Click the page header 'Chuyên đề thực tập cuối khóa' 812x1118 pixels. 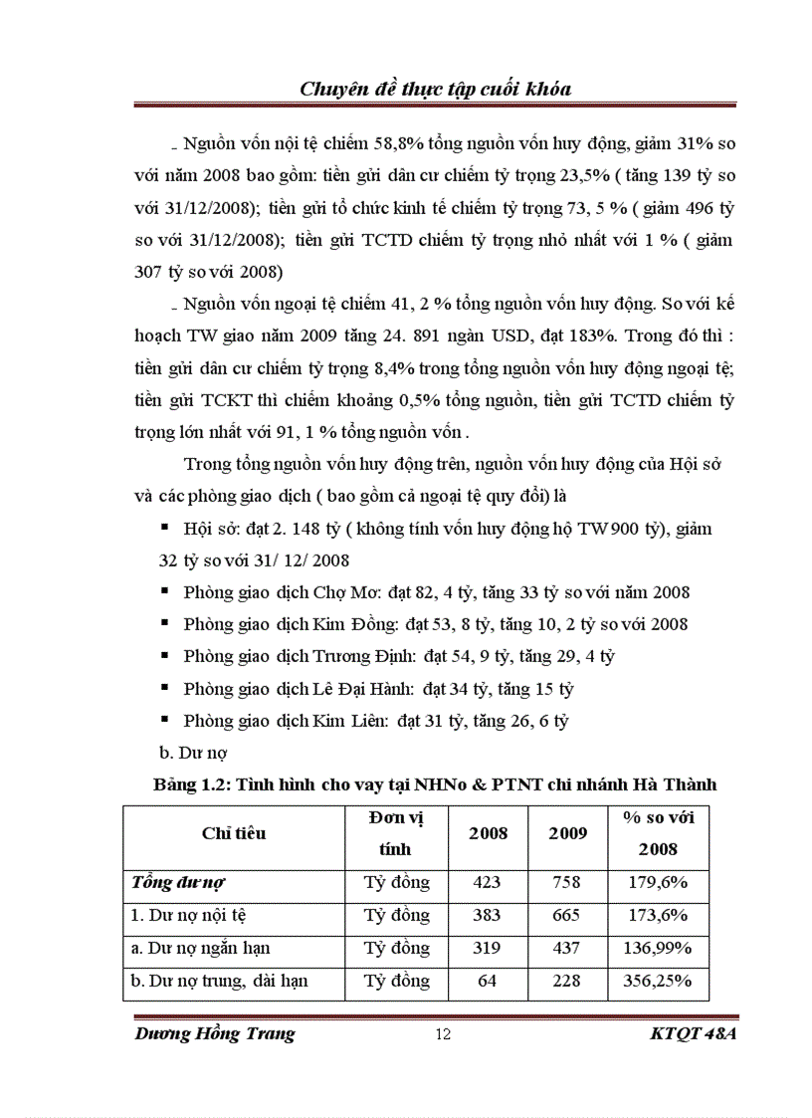point(435,89)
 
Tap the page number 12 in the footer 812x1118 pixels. point(444,1034)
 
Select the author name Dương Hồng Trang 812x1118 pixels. point(214,1033)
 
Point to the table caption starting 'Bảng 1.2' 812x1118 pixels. point(435,784)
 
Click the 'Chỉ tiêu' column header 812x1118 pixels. point(234,833)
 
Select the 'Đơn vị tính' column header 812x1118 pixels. point(395,833)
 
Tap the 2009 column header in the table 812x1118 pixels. point(568,833)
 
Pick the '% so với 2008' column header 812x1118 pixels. point(658,833)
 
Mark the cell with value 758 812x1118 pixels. point(568,882)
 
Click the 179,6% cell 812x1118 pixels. point(658,882)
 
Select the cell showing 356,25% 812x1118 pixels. point(658,981)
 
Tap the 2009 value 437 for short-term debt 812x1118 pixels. point(568,948)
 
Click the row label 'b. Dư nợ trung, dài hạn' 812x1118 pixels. point(219,981)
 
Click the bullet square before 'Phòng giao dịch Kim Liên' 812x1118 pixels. point(163,720)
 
